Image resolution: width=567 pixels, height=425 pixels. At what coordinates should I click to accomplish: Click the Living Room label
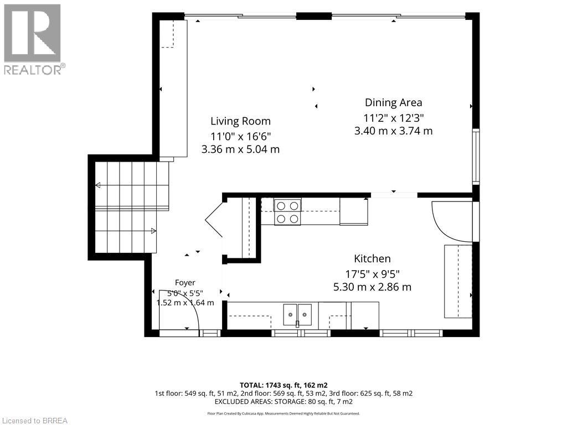240,121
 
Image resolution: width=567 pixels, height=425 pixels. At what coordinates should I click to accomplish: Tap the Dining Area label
394,102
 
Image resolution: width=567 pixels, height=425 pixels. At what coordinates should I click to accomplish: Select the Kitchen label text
372,259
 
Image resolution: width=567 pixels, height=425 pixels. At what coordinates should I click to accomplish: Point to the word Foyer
185,283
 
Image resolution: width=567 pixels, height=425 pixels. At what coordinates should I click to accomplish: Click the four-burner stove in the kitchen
287,212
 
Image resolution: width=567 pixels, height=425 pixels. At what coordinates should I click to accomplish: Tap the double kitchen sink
297,314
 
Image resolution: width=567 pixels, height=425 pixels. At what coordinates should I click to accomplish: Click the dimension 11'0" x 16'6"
240,137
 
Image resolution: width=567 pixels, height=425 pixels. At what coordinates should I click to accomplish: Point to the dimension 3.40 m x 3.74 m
394,131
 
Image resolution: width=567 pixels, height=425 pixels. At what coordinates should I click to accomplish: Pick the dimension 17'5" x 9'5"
372,274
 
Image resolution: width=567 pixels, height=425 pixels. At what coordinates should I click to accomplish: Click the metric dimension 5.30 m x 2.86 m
372,287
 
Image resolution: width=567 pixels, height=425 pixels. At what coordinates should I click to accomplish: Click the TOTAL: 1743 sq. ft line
283,385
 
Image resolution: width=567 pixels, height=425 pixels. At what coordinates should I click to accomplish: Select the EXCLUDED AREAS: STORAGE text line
283,402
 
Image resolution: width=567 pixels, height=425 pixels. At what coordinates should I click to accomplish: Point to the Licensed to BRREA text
35,421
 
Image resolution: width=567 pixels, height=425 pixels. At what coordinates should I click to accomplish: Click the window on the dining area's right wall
476,157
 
